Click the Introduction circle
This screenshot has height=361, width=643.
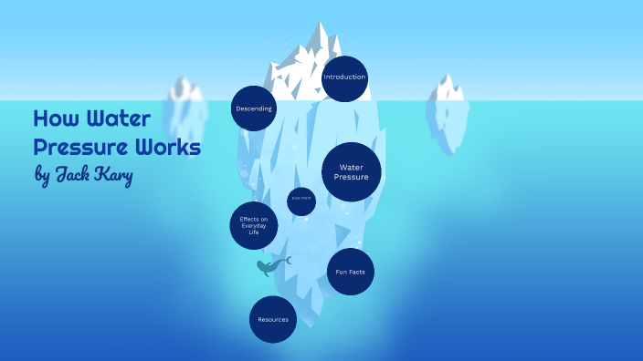pos(344,77)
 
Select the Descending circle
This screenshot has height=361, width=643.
pos(253,108)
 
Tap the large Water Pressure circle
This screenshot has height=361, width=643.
pos(351,171)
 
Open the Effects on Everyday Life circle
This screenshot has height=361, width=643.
pos(253,225)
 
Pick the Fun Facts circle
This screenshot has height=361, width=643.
pos(351,272)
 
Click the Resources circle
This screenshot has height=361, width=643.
pos(273,319)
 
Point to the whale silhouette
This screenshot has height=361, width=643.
pos(269,267)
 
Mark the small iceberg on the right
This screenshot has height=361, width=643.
pos(448,109)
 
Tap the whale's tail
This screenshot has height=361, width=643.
pos(286,261)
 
